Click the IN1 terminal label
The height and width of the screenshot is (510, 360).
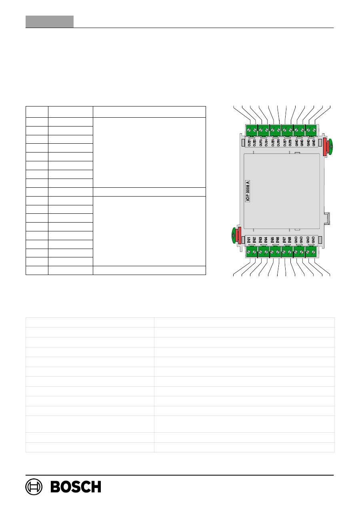click(249, 240)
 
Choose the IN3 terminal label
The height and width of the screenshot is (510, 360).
click(260, 240)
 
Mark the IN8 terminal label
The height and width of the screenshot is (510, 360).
click(290, 240)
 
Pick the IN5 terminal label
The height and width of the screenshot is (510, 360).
click(272, 240)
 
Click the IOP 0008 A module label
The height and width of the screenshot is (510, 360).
click(248, 192)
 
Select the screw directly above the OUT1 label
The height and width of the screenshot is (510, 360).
click(249, 130)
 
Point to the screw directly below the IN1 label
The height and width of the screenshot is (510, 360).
click(249, 252)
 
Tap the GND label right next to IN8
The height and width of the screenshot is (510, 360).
click(296, 240)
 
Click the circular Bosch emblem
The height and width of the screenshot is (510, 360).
click(34, 487)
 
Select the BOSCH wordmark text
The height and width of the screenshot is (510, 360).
click(76, 487)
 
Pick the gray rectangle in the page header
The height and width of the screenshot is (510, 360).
click(50, 22)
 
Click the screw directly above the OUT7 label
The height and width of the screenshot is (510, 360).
click(284, 130)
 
